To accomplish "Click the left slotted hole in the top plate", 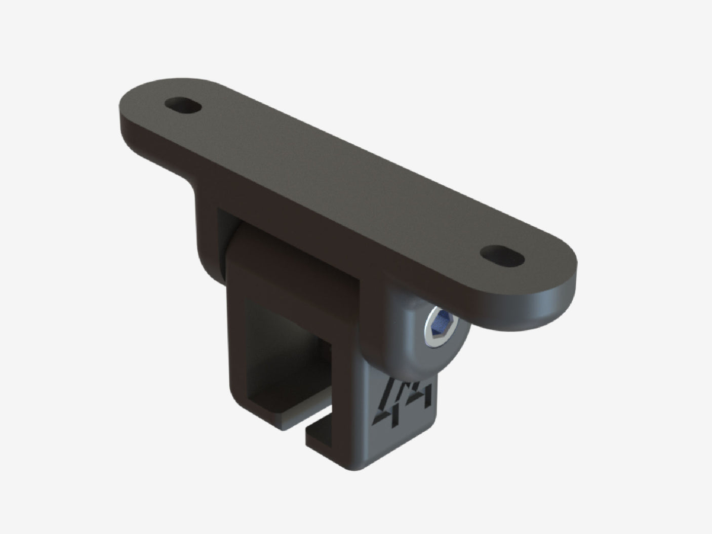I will pos(182,106).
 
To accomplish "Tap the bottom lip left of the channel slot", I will pos(284,413).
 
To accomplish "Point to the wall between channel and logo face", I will pos(354,385).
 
